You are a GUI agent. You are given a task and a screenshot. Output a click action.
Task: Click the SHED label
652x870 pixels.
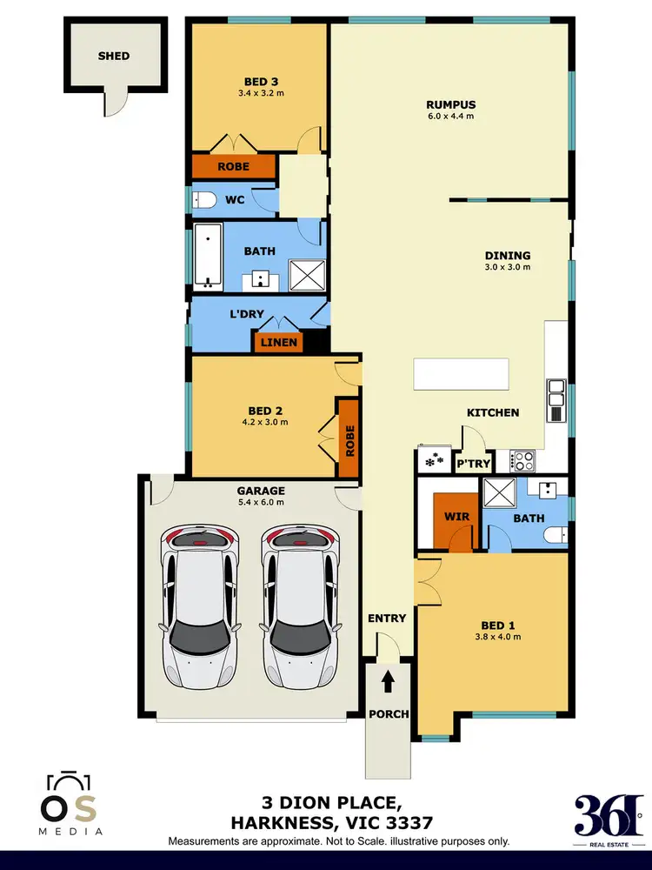[x=113, y=56]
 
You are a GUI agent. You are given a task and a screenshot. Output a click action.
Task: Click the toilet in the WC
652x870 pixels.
[x=203, y=200]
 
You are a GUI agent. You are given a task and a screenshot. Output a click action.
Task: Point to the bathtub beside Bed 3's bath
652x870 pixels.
[x=207, y=257]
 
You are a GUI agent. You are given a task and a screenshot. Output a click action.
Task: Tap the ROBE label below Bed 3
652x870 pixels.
[x=233, y=166]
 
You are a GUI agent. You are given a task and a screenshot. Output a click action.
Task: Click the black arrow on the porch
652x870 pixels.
[x=388, y=678]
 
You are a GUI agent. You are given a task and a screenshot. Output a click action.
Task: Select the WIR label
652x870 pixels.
[x=456, y=517]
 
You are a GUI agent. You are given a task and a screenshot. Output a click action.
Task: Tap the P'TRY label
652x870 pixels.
[x=474, y=464]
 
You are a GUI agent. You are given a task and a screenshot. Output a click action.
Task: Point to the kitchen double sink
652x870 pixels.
[x=556, y=393]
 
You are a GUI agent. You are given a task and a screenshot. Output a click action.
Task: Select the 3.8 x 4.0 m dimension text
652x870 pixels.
[x=500, y=637]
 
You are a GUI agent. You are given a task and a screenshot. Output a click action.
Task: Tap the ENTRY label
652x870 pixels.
[x=387, y=619]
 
